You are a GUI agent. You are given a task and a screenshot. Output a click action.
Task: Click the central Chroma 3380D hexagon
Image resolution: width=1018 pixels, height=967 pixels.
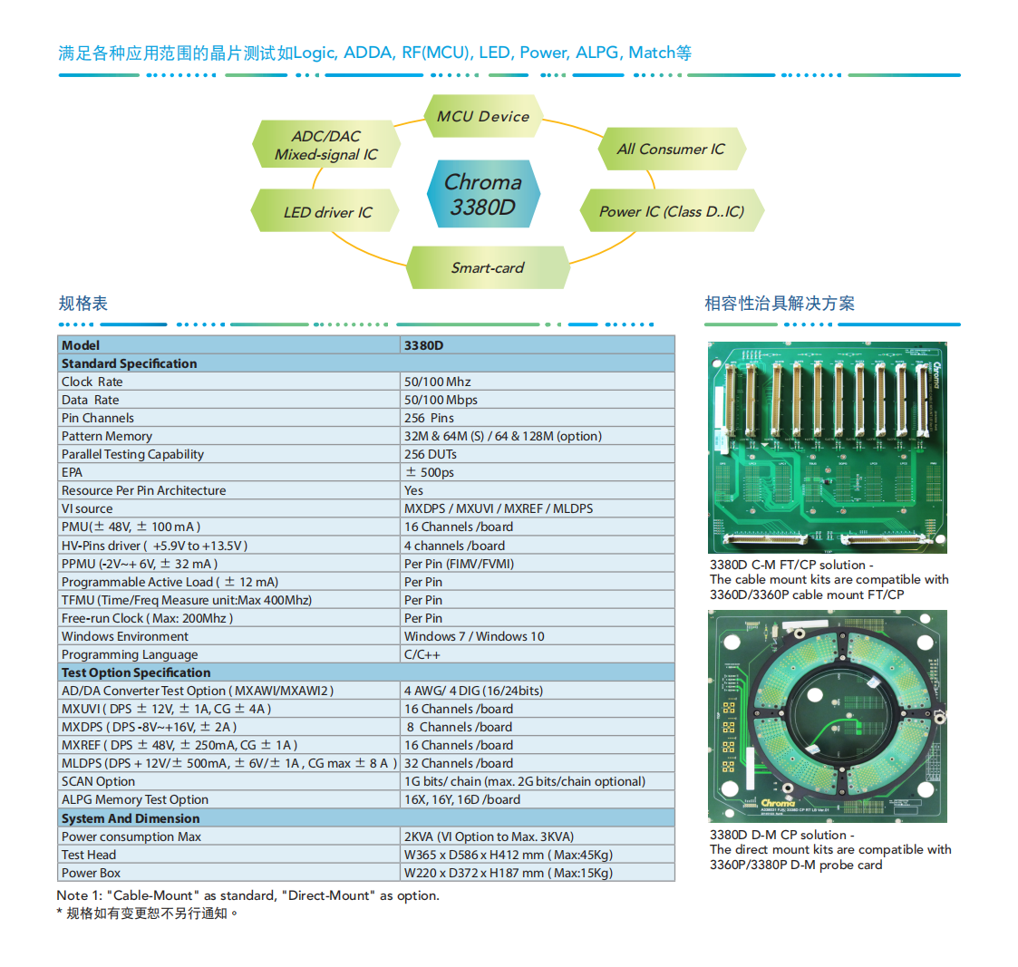tap(483, 194)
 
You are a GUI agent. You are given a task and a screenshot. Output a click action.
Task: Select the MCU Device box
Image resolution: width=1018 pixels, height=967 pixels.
tap(483, 116)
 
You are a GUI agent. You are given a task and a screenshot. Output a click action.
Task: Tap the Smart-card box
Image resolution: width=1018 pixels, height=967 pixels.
tap(488, 267)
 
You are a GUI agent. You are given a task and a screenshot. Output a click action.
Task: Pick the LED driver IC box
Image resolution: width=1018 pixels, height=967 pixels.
tap(327, 212)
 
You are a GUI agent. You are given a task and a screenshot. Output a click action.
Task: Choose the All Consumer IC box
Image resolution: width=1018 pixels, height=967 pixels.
tap(671, 150)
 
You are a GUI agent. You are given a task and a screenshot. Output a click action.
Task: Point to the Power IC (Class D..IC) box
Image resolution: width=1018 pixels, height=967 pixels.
tap(671, 211)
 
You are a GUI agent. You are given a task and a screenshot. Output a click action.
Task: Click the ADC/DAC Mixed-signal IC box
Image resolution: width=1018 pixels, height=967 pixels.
tap(326, 145)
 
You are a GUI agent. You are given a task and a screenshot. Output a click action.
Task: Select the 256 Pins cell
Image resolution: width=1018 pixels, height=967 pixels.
tap(429, 418)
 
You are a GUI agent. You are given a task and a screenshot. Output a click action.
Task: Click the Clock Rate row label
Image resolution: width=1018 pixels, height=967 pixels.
tap(92, 382)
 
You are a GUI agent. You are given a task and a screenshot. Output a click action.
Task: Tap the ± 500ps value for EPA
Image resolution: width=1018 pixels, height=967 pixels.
tap(430, 472)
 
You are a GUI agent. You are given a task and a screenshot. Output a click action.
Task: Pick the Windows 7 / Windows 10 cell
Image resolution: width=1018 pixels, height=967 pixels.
tap(474, 636)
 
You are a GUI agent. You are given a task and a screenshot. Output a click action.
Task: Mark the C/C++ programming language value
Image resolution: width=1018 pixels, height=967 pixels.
tap(422, 654)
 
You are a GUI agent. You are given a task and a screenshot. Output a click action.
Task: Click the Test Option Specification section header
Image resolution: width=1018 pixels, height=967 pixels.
tap(136, 672)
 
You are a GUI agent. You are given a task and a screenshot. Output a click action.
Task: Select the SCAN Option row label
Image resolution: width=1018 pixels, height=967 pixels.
tap(98, 781)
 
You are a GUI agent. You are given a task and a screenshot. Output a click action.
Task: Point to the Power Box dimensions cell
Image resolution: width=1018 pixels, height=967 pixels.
tap(509, 873)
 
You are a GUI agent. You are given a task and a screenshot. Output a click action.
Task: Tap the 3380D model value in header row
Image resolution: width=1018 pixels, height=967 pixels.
tap(423, 345)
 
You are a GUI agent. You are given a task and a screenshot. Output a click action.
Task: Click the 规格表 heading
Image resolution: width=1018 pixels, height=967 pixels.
tap(82, 304)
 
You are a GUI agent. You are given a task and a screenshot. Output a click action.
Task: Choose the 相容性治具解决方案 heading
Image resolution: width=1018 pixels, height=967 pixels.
tap(780, 304)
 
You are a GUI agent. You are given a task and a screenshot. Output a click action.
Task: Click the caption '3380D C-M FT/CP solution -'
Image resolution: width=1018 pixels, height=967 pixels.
tap(791, 565)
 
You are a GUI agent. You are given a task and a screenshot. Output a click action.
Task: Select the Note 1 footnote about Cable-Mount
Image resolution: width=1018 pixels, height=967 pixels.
tap(247, 895)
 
